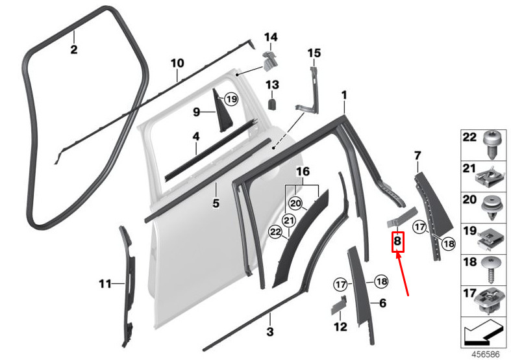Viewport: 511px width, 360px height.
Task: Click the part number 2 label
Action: tap(74, 49)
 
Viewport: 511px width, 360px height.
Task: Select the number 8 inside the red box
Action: tap(397, 241)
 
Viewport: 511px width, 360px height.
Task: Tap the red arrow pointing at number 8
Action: tap(402, 274)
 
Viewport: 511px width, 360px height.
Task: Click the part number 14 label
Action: tap(271, 37)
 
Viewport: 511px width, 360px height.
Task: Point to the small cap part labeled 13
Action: tap(273, 104)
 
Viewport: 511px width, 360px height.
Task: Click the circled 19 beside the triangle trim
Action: tap(231, 99)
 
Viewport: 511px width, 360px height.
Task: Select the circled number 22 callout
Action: tap(275, 232)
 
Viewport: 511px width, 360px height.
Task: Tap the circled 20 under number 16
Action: tap(295, 204)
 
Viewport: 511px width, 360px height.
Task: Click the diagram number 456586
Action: tap(486, 354)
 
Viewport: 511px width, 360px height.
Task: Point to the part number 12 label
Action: tap(340, 326)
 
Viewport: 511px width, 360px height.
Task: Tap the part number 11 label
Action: tap(105, 284)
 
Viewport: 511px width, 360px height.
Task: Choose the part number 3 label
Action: tap(270, 331)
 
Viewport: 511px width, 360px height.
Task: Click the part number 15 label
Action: tap(314, 53)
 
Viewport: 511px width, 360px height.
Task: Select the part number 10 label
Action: tap(177, 63)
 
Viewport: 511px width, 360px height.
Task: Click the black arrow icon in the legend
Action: tap(483, 332)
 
